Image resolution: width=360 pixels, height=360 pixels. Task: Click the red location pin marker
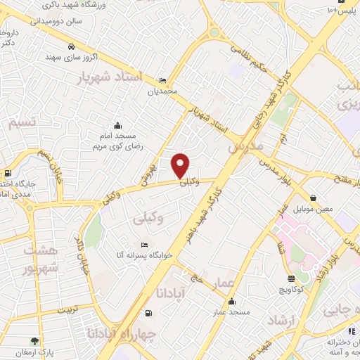[x=181, y=165]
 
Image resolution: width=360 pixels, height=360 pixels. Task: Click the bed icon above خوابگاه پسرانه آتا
[x=145, y=245]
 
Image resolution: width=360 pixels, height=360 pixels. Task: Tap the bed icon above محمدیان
[x=162, y=79]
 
